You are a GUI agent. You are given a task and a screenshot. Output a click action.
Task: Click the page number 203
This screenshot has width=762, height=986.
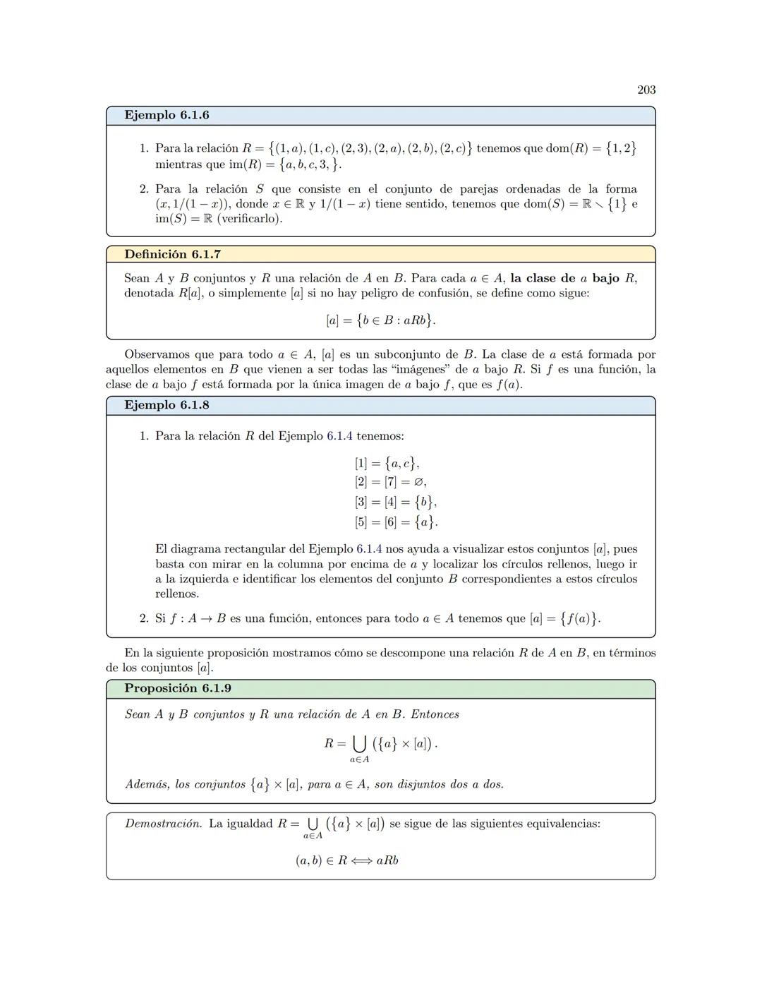646,90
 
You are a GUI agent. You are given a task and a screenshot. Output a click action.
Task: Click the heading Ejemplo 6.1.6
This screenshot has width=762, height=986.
167,115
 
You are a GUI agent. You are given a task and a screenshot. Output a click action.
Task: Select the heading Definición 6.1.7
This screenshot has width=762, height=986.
172,254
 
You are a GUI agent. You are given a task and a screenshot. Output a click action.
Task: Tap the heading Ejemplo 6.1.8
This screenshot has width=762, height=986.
167,405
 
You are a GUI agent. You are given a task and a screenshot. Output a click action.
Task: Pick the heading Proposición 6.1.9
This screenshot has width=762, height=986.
178,688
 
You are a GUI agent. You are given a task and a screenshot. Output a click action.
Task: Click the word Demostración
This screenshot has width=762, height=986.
163,824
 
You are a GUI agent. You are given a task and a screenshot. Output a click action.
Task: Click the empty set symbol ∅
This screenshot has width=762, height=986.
419,482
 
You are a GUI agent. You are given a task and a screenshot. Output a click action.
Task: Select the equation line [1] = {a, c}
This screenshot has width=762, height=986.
387,463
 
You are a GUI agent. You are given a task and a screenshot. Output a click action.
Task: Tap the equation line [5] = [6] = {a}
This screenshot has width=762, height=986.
396,522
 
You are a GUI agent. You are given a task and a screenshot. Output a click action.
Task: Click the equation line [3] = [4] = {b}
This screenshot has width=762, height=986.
396,502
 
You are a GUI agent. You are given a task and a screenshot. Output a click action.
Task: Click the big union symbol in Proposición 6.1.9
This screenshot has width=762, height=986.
360,743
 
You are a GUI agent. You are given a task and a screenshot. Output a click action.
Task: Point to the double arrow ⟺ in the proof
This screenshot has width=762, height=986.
362,860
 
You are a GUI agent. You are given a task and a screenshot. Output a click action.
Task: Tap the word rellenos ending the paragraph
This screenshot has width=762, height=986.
177,594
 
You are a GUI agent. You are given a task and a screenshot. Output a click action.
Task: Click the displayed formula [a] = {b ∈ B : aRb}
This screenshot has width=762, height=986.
380,320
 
